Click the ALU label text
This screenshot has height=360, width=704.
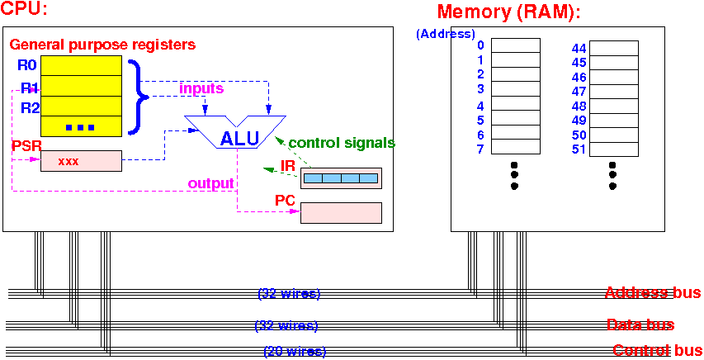(x=239, y=138)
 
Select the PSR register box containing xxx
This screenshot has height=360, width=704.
(x=81, y=161)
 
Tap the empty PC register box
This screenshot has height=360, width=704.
(x=341, y=213)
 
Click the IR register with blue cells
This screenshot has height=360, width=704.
(x=341, y=178)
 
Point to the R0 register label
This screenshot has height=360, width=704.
(x=27, y=65)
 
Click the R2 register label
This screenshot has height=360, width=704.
(x=30, y=107)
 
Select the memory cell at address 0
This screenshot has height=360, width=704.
(x=516, y=45)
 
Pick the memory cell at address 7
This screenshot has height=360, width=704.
(x=516, y=149)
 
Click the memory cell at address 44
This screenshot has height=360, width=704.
(x=613, y=49)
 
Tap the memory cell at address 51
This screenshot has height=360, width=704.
(x=613, y=149)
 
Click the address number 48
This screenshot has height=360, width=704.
(x=579, y=106)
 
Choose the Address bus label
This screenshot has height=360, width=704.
(x=653, y=292)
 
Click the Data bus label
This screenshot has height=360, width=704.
(x=640, y=324)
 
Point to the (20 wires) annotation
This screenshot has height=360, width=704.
(x=295, y=352)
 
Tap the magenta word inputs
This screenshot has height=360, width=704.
(x=201, y=88)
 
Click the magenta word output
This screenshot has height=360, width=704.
(x=210, y=182)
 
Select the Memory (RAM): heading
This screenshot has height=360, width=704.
(x=509, y=12)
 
